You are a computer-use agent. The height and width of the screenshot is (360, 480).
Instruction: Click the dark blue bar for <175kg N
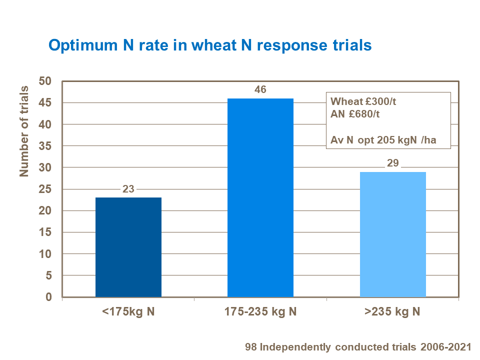128,247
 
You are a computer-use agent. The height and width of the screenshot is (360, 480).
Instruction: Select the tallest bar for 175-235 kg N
260,197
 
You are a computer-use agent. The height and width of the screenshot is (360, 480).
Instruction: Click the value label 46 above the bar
260,90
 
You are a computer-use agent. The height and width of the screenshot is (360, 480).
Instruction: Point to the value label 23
128,189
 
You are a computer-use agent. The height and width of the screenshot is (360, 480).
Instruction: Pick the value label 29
392,163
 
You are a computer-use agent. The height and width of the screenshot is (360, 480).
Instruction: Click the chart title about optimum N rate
209,45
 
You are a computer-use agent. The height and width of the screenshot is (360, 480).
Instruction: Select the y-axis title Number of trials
23,131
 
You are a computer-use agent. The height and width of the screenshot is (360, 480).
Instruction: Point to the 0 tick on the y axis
48,297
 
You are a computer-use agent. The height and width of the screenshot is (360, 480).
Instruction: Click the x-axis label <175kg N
128,312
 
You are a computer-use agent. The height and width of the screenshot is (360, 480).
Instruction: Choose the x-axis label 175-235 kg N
260,312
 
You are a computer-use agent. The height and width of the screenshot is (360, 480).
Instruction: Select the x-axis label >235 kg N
392,312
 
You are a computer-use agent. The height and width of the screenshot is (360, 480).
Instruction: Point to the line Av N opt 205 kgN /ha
383,140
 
